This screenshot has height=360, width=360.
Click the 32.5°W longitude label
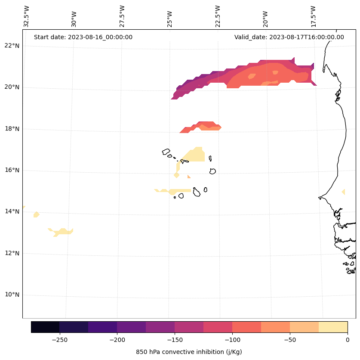tap(27, 16)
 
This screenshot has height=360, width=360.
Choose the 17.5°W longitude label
tap(313, 16)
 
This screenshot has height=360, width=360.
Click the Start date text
tap(83, 37)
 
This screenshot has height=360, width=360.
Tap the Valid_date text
tap(289, 37)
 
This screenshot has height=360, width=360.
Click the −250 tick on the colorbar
tap(59, 339)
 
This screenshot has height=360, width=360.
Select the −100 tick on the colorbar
tap(232, 339)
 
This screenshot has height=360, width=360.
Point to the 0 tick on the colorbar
tap(348, 339)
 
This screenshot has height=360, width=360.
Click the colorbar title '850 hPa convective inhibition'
tap(189, 352)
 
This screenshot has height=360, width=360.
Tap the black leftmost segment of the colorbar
tap(45, 327)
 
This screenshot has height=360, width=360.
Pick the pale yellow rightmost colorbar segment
tap(333, 327)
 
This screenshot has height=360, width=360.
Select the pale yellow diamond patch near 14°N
tap(37, 214)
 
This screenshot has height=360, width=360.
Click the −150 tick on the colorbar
tap(175, 339)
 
